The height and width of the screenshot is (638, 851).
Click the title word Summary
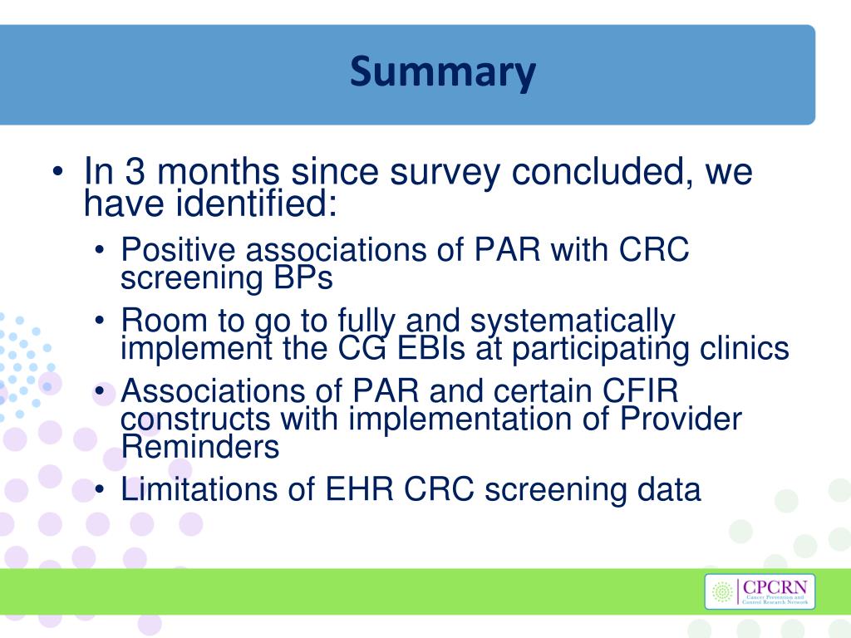(x=442, y=74)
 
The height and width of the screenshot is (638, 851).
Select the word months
(x=219, y=173)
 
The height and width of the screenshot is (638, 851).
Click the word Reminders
(x=199, y=448)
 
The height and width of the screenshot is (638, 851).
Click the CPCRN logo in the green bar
(x=760, y=591)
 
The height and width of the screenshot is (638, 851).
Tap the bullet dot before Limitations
(x=101, y=491)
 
